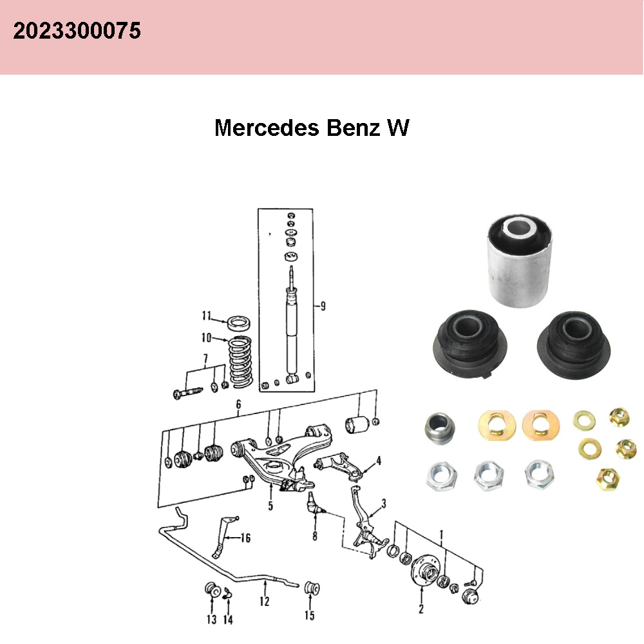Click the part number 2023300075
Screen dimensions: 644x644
(x=77, y=30)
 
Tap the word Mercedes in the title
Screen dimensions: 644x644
(x=266, y=128)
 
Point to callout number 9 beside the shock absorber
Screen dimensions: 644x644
(x=322, y=306)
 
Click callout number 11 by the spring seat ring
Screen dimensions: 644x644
(x=206, y=316)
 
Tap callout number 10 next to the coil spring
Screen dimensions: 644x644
(x=206, y=337)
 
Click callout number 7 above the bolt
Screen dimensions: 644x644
(x=205, y=358)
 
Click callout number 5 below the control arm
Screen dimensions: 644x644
(x=270, y=506)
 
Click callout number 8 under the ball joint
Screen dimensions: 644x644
(x=314, y=535)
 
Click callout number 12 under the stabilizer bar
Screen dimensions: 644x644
(x=265, y=602)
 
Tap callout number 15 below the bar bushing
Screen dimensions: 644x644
(x=310, y=616)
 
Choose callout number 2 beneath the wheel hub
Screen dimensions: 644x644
(x=421, y=609)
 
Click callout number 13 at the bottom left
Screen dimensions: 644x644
(x=211, y=620)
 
